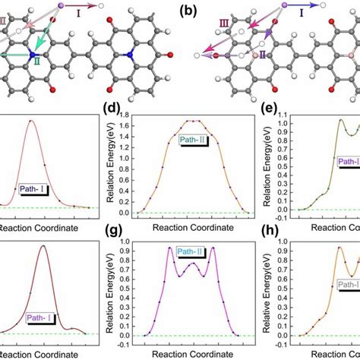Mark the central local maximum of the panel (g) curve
192,264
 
